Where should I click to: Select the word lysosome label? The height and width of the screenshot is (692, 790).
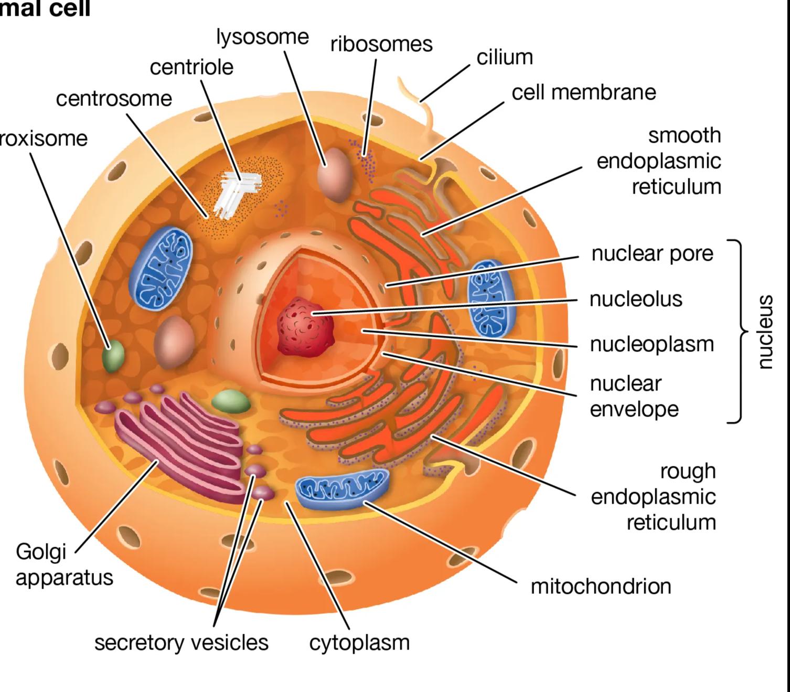pos(262,37)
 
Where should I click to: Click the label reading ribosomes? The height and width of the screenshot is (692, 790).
pos(381,45)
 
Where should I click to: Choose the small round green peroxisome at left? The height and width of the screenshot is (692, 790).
pos(113,357)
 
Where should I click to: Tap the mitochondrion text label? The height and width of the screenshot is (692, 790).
pos(601,586)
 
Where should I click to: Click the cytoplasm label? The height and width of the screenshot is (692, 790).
pos(359,643)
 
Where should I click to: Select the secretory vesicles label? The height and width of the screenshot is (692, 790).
pos(181,643)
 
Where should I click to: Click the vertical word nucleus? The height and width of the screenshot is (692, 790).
pos(765,332)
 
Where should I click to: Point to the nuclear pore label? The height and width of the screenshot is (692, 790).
pos(652,254)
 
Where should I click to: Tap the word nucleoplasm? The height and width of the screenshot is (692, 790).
pos(652,345)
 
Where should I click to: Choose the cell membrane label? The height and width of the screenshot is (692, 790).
pos(583,92)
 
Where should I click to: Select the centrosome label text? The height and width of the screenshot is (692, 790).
pos(114,99)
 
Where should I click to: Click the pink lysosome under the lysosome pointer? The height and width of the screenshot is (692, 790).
pos(335,175)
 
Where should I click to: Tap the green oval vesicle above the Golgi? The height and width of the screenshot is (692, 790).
pos(231,401)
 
